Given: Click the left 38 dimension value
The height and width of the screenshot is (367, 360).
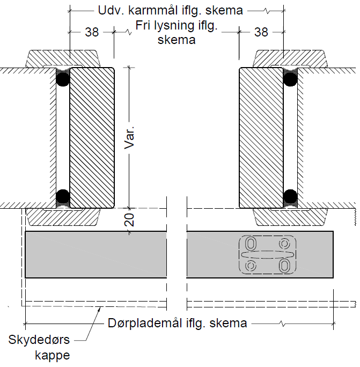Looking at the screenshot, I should point(92,32).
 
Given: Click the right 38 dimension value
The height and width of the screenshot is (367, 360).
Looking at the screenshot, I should point(261,32).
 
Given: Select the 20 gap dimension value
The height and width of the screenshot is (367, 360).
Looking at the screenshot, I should point(128,220).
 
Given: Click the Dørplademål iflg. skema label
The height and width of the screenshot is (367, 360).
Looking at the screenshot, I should point(177,323).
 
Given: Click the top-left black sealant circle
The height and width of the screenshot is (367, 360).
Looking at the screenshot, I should point(63,79).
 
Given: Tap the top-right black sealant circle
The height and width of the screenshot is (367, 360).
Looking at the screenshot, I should point(290,79).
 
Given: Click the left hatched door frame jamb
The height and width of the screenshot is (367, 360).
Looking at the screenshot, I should point(92,137).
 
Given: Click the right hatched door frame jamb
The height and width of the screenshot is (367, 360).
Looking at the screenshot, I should point(261,137).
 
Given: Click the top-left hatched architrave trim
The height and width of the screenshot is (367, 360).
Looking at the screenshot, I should point(63,57).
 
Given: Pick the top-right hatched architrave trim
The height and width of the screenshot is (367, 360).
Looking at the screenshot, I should point(290,57).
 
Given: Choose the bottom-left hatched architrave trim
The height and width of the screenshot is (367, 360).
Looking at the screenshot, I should point(63,217).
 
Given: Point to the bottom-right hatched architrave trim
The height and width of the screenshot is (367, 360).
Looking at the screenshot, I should point(290,217).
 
